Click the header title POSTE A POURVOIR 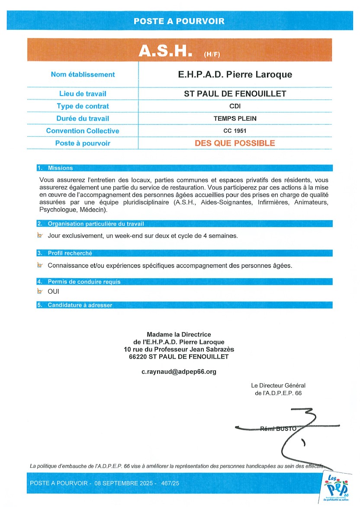179,21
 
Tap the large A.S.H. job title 165,51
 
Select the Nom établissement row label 83,74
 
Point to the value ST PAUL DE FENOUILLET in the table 235,93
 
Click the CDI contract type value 235,106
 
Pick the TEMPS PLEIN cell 235,119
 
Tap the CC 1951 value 235,131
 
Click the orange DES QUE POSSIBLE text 235,143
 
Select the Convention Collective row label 83,131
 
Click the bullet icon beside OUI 40,292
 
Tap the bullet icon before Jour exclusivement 40,235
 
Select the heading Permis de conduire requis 84,282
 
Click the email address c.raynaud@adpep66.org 179,372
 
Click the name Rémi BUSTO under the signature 278,429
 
